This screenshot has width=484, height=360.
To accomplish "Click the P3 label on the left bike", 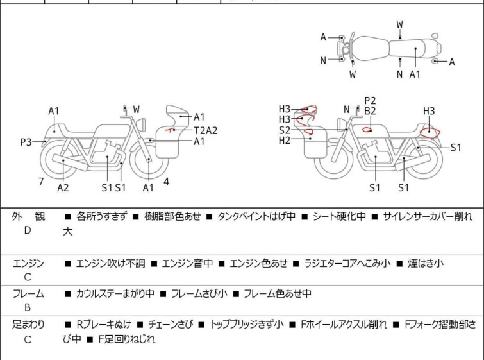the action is tap(26, 142).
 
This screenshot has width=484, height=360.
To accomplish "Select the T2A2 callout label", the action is tap(206, 130).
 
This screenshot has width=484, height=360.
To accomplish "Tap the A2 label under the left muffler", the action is tap(63, 187).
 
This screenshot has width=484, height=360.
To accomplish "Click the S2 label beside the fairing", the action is tap(285, 130).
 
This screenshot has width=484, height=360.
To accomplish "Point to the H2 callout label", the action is tap(285, 141).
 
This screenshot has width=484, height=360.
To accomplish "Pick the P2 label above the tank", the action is tap(370, 101).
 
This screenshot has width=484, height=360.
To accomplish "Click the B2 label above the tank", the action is tap(370, 111).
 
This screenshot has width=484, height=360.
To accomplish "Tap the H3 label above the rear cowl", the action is tap(429, 110).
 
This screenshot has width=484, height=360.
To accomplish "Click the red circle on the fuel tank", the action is tap(367, 130).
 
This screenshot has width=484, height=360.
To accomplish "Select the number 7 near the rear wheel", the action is tap(41, 182).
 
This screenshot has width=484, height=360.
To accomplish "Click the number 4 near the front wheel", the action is tap(167, 182).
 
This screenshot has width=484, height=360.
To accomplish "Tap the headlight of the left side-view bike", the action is tap(141, 124).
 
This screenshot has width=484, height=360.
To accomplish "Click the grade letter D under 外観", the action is tap(28, 230).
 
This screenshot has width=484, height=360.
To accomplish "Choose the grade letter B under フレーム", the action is tap(28, 307).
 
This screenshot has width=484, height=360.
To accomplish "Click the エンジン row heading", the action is tap(28, 263).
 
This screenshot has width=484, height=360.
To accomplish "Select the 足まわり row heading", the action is tap(28, 325).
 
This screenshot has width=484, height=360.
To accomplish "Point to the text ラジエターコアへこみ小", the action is tap(347, 263).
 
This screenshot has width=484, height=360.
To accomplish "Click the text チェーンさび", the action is tap(171, 325).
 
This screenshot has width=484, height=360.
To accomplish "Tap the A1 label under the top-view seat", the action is tap(415, 74).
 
